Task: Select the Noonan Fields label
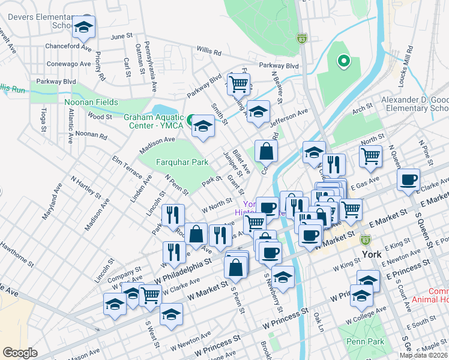tap(91, 102)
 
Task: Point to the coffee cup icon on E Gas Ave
tap(408, 179)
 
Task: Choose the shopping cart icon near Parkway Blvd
tap(239, 84)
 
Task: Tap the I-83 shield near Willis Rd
tap(301, 38)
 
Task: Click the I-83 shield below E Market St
tap(365, 239)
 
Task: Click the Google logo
tap(20, 352)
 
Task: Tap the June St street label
tap(121, 36)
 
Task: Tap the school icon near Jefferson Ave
tap(258, 112)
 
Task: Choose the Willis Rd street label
tap(208, 52)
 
